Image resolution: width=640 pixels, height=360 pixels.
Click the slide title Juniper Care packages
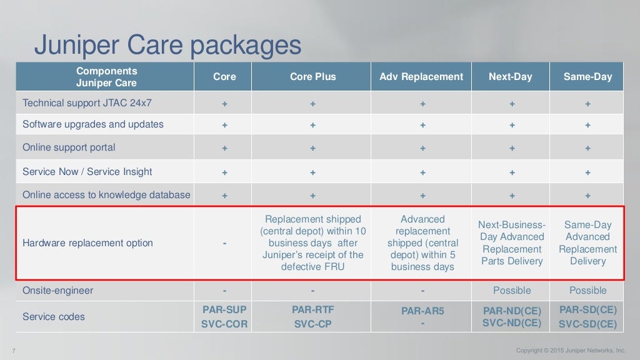click(167, 45)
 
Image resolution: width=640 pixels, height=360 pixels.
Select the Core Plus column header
click(312, 77)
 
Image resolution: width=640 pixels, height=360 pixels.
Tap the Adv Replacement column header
click(421, 77)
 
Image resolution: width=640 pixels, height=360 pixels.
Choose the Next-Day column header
click(511, 77)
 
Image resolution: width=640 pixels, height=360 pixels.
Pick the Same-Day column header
click(587, 77)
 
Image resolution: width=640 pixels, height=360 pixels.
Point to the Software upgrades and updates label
click(93, 124)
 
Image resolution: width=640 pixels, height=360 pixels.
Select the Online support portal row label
click(69, 148)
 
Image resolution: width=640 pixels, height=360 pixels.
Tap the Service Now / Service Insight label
click(87, 172)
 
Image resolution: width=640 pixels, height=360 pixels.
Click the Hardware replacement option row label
click(87, 243)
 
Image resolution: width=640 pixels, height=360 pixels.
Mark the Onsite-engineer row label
click(57, 291)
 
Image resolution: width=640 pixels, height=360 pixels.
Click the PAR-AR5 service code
click(422, 311)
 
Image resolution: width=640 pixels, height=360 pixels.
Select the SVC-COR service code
click(224, 324)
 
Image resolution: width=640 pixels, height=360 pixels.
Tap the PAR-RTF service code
click(312, 309)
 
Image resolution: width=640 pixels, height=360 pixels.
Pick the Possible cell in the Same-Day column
click(587, 291)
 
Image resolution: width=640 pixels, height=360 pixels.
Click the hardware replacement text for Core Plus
click(312, 243)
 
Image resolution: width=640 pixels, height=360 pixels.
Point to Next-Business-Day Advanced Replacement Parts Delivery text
click(511, 243)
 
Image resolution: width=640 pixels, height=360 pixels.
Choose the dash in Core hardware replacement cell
click(224, 243)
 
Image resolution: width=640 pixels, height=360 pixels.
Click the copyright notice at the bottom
click(571, 350)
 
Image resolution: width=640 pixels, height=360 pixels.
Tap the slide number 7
click(14, 350)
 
